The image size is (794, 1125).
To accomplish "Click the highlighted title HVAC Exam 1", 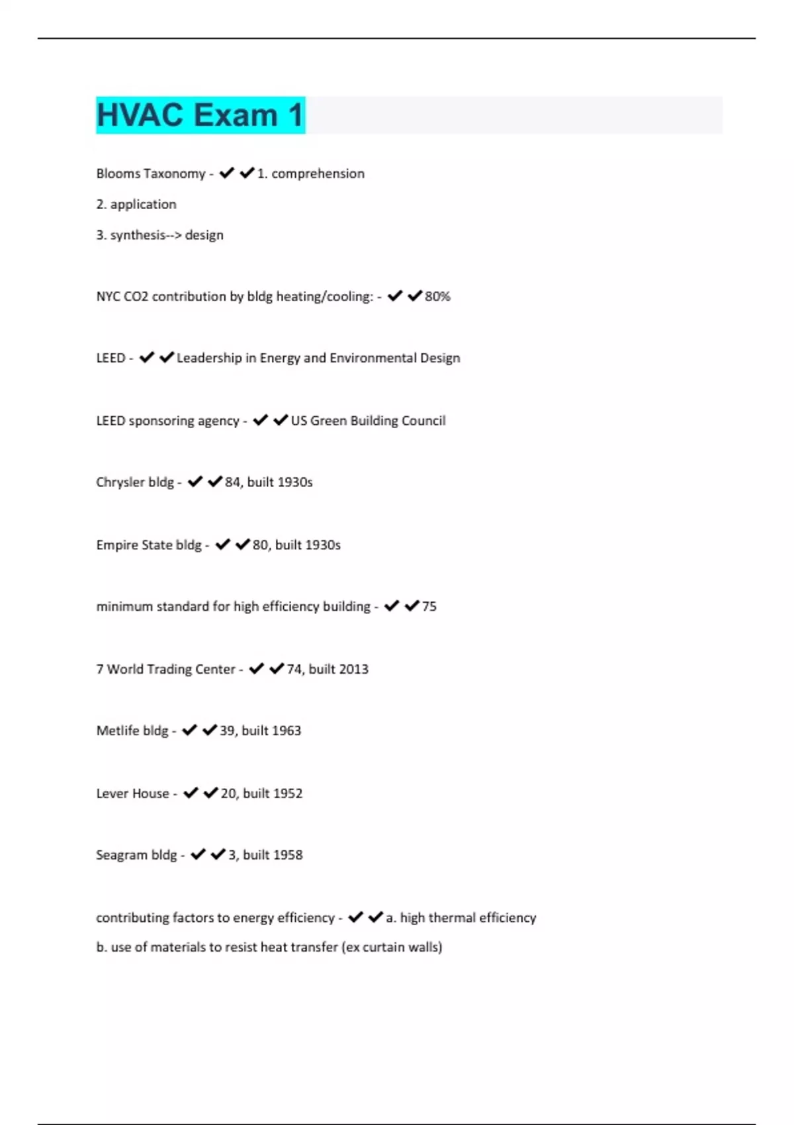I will tap(200, 115).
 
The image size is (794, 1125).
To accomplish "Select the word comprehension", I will tap(318, 173).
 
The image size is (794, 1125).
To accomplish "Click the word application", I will tap(143, 204).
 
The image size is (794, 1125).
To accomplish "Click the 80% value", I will tap(437, 296).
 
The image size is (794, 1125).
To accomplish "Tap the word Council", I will tap(424, 421).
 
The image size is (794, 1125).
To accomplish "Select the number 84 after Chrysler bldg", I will tap(232, 482).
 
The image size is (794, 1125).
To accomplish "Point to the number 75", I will tap(429, 607).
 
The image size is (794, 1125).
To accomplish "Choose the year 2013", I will tap(353, 669).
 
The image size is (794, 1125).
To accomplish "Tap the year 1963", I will tap(286, 731).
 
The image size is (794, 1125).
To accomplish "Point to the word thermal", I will tap(452, 918).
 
